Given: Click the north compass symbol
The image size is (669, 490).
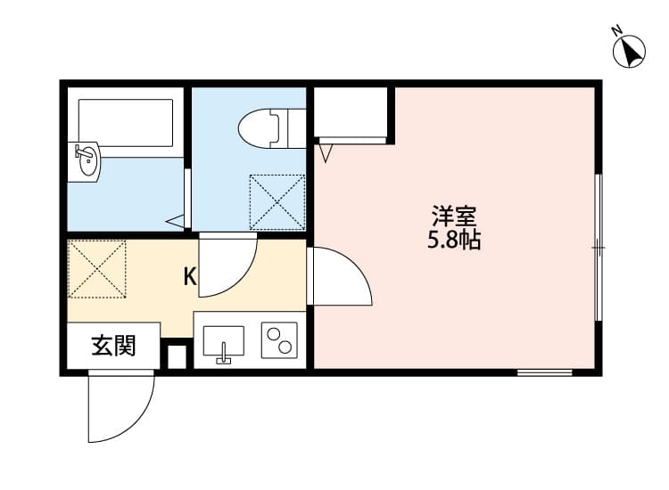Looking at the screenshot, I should coord(631,51).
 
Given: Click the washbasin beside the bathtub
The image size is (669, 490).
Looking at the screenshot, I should coord(86,161).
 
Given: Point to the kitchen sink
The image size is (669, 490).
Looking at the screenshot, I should coord(223,342).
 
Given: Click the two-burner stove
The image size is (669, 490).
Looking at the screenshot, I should coord(279,341).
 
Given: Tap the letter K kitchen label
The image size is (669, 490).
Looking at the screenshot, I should coord(190,276).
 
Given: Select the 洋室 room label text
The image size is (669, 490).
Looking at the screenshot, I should coord(454,216).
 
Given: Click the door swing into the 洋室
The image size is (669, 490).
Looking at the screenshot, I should coord(339,279).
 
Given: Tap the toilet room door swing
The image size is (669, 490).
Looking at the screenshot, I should coord(227,265).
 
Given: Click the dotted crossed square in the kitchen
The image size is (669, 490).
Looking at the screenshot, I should coord(97,268).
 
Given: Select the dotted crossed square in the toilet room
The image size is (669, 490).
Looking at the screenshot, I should coord(277,202).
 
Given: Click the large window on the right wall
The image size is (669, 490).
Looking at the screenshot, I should coord(599,247).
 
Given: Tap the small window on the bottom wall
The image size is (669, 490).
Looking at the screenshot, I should coord(544,372).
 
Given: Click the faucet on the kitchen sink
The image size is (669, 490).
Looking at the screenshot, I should coord(223,357).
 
